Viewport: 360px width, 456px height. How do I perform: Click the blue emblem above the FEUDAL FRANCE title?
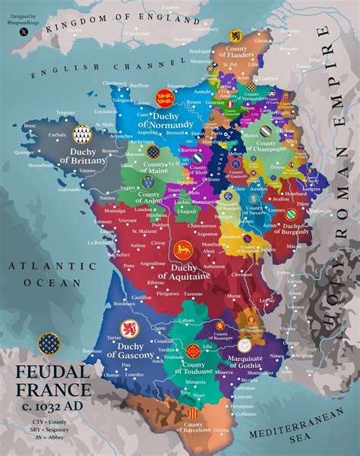(49, 345)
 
